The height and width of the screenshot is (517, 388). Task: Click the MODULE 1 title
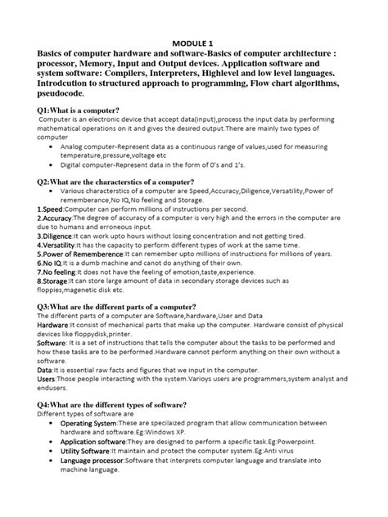click(x=195, y=42)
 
